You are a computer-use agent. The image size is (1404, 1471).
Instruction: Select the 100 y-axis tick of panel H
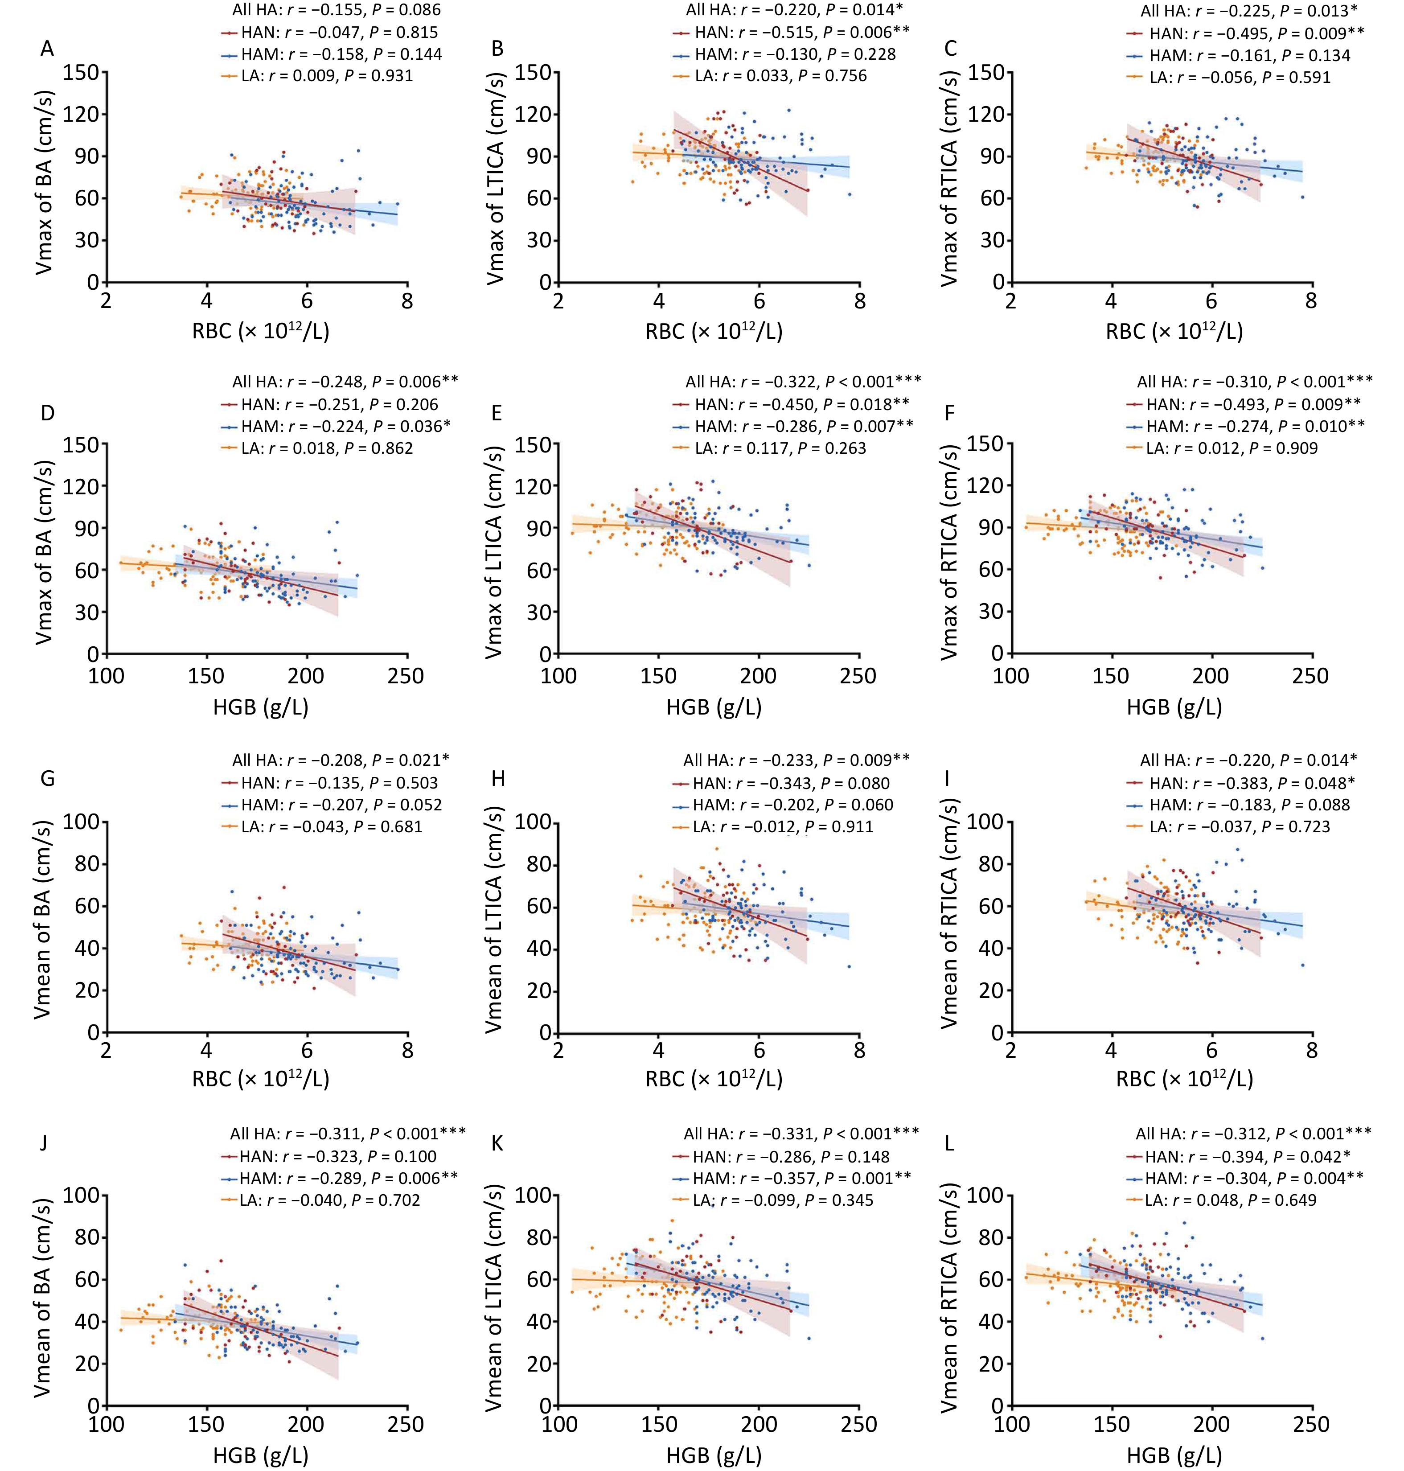(x=532, y=822)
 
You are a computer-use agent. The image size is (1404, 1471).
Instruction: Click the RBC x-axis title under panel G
(x=260, y=1079)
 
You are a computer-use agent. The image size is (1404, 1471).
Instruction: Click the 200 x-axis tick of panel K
(x=759, y=1423)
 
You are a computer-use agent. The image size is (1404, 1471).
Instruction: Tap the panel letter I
(x=949, y=779)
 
